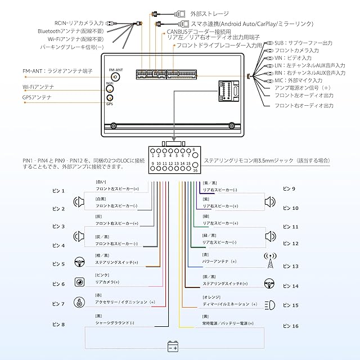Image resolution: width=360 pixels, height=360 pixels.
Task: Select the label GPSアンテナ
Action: (x=37, y=97)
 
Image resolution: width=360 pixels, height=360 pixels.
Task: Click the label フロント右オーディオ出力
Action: (x=303, y=105)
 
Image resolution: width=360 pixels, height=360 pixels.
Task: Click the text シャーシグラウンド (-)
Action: (x=115, y=324)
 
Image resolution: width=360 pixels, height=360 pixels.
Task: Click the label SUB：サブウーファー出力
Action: (x=304, y=42)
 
